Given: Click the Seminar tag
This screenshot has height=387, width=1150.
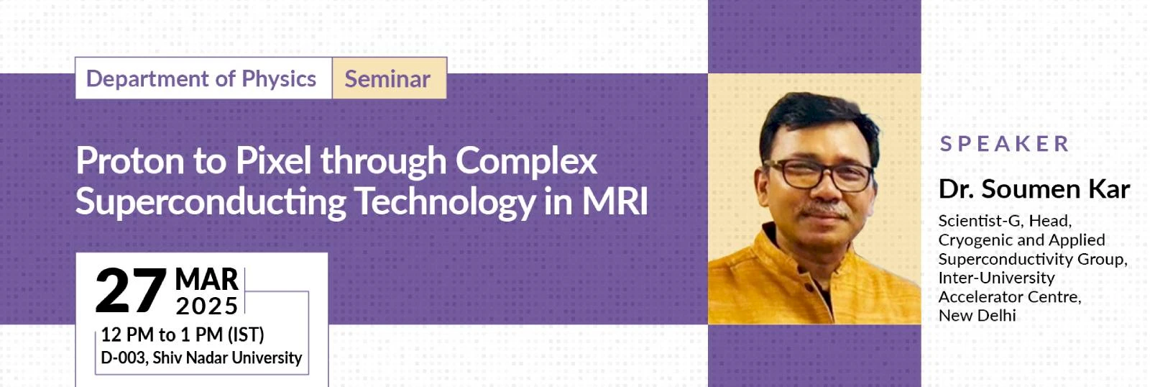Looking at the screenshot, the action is point(390,78).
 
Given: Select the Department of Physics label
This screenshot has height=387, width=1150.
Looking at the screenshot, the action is point(201,78).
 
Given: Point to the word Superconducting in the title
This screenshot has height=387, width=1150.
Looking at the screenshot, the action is point(211,203).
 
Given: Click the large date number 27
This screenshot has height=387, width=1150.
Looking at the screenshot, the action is point(132,291).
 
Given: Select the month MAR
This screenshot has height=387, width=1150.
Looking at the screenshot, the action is point(206,280).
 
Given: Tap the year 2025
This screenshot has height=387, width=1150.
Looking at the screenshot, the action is point(207,306).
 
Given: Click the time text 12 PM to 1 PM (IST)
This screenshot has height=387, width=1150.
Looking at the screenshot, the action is point(183,334).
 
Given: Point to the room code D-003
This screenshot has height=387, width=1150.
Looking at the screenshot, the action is point(124,358).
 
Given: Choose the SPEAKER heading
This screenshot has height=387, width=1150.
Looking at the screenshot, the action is point(1005,144).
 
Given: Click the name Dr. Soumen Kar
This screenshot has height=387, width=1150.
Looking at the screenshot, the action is point(1034,190).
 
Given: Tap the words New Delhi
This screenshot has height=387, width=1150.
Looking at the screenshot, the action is point(977,316).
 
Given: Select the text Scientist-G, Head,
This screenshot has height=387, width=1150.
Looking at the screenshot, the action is point(1005,222).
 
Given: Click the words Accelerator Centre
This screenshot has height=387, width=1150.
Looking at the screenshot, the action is point(1009,297).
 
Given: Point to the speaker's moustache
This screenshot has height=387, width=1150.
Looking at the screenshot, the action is point(824,209).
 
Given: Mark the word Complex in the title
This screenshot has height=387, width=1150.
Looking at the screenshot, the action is point(526,161).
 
